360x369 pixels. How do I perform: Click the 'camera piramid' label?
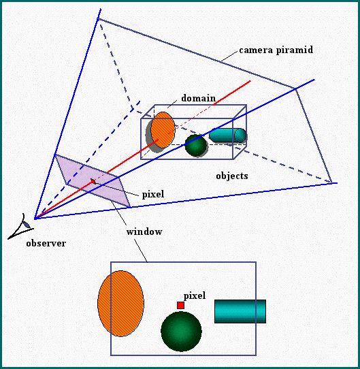[x=276, y=50]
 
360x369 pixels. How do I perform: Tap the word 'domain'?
[x=198, y=98]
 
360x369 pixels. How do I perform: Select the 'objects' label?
[x=232, y=176]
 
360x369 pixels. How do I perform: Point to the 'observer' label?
[x=46, y=243]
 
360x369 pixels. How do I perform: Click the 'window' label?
[x=144, y=231]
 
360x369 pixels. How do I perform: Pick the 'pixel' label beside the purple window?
[x=153, y=195]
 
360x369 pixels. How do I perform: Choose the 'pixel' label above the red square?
[x=195, y=295]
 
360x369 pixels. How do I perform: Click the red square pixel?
[x=181, y=306]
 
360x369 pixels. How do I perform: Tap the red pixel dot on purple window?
[x=93, y=181]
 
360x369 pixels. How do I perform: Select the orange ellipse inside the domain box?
[x=163, y=130]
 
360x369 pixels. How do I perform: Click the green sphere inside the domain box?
[x=196, y=146]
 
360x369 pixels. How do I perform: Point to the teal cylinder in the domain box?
[x=227, y=135]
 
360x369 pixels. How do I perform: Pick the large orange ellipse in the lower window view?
[x=120, y=304]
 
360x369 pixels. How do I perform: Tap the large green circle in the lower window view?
[x=181, y=332]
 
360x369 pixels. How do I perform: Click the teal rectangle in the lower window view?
[x=240, y=311]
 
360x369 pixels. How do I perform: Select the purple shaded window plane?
[x=93, y=180]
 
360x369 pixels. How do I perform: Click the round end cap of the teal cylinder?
[x=240, y=135]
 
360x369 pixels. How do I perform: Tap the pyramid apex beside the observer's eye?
[x=35, y=219]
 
